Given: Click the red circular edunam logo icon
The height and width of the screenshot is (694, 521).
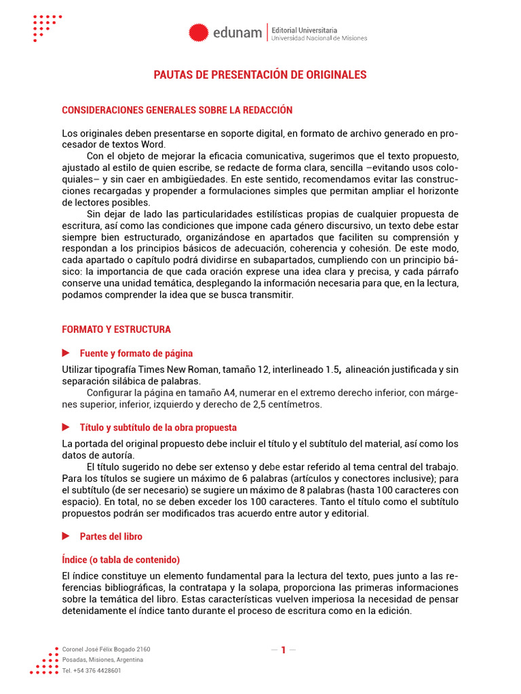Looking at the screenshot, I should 198,33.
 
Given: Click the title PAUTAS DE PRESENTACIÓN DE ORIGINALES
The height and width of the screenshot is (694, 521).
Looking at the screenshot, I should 260,75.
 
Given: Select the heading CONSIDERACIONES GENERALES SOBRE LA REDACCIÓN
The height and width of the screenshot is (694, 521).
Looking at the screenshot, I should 177,110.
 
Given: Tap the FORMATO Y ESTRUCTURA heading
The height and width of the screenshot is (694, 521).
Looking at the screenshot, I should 117,329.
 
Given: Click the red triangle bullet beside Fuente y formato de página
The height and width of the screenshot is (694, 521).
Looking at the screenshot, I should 66,353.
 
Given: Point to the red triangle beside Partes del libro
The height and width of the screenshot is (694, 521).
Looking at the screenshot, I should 66,536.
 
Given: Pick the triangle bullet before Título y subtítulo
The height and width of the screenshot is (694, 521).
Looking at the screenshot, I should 66,428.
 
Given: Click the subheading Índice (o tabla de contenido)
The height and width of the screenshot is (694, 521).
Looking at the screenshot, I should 121,560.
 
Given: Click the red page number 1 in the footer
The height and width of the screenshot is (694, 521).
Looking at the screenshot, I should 284,650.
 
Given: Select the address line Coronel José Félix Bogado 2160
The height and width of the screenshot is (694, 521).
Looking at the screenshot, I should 106,649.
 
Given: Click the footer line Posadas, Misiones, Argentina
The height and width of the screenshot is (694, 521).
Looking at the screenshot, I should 102,659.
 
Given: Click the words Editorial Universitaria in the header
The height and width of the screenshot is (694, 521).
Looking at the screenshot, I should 304,30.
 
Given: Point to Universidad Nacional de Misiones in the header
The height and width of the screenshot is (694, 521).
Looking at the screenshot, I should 319,39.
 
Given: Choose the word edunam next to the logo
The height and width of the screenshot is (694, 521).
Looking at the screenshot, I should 237,33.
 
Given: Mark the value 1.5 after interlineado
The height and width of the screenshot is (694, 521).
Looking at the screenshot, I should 331,370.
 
